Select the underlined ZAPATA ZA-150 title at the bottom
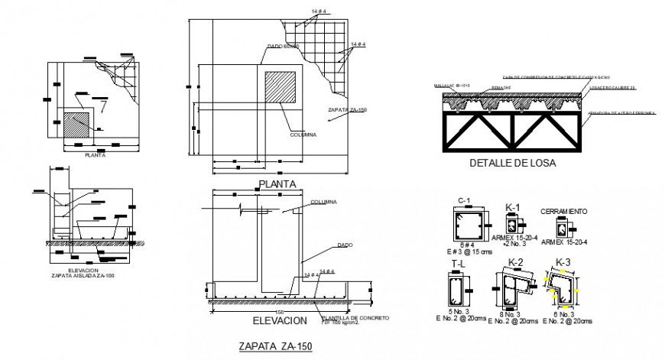click(276, 345)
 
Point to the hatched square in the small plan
click(76, 125)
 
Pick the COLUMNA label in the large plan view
click(302, 135)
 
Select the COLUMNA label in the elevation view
click(324, 203)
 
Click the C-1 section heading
click(462, 201)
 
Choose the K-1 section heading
click(513, 207)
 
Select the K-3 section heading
click(563, 262)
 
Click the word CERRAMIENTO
click(563, 210)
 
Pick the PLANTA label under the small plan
click(96, 155)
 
